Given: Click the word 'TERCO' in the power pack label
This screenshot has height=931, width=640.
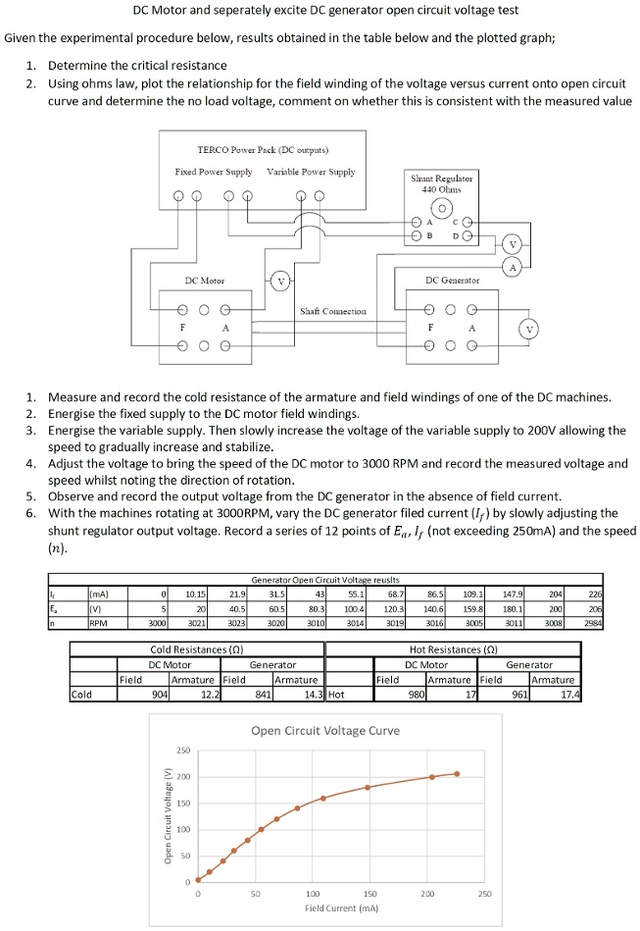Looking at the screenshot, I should click(x=213, y=150).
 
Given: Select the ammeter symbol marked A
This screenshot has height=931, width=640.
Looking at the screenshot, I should click(x=512, y=266).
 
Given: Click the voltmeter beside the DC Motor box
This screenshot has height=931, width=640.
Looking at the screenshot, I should click(x=280, y=282).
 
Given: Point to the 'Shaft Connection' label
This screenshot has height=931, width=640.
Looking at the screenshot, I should click(x=333, y=311).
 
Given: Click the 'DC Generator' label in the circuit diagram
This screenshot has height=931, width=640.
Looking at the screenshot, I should click(x=452, y=281).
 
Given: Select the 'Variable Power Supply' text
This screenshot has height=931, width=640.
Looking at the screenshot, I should click(x=311, y=172).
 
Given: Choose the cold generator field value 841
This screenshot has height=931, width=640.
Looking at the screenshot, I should click(x=263, y=694).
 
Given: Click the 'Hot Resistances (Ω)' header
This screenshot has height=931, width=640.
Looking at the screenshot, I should click(x=451, y=649).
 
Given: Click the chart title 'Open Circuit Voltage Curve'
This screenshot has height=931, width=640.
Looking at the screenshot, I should click(x=324, y=730).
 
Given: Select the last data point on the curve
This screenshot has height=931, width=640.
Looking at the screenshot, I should click(x=456, y=774).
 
